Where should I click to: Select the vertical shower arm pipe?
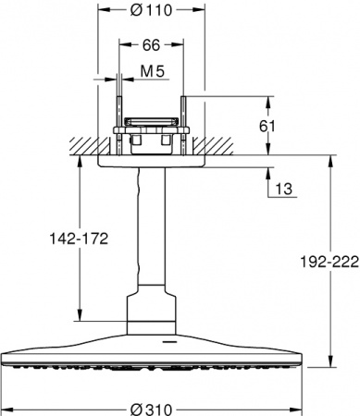coord(150,231)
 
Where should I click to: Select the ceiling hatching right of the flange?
coord(222,145)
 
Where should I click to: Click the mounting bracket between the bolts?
coord(150,121)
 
